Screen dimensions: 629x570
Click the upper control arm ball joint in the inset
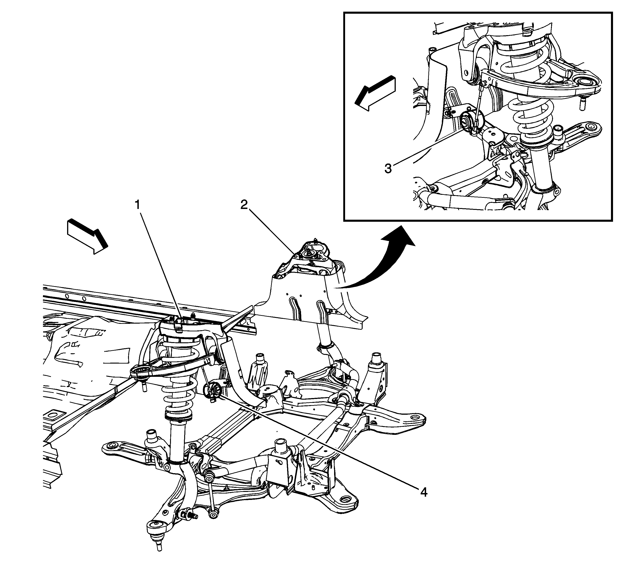[x=582, y=88]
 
